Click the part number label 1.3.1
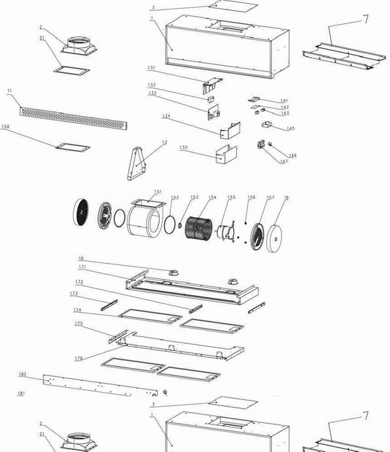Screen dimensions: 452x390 click(151, 68)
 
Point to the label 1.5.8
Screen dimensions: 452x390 click(6, 127)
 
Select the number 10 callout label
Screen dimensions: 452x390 click(285, 197)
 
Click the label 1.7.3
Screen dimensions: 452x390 click(74, 293)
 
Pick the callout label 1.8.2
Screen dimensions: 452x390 click(22, 374)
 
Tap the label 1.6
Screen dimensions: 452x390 click(81, 258)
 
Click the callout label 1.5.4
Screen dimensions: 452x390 click(212, 197)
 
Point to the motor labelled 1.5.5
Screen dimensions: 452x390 click(226, 232)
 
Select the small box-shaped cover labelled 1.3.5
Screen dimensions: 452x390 click(223, 154)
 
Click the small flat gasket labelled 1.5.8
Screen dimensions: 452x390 click(72, 147)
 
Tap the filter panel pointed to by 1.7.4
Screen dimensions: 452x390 click(149, 316)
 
